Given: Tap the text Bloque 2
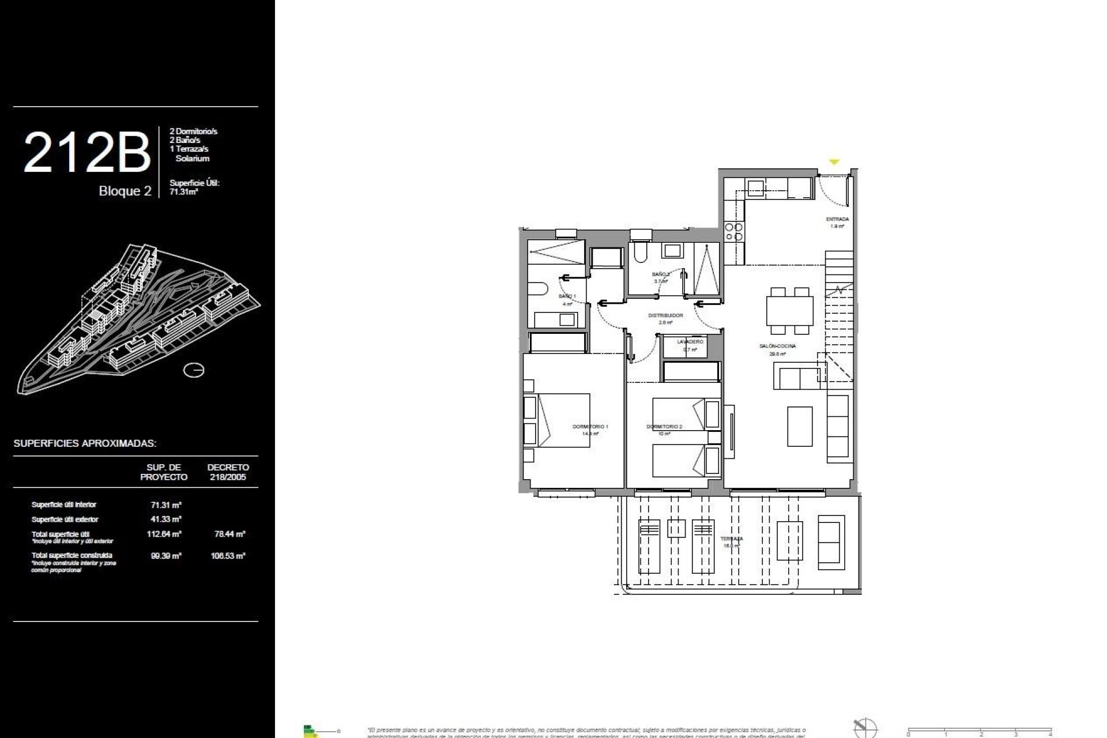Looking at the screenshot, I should (x=125, y=191).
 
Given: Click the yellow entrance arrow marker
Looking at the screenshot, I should (x=834, y=163).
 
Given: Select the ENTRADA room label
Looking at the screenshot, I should (x=837, y=219).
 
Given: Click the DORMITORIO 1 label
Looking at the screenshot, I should (x=590, y=427).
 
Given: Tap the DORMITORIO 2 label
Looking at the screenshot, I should (x=664, y=427).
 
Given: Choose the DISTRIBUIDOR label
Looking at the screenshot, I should (x=665, y=315).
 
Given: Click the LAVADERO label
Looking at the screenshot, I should (x=690, y=342).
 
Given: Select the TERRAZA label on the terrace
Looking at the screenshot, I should (x=732, y=539).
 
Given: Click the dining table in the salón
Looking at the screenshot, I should (x=789, y=311).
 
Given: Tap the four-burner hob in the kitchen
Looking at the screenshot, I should (x=734, y=232).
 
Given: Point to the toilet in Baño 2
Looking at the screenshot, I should (x=639, y=253).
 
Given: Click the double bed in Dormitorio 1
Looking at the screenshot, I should (x=556, y=420).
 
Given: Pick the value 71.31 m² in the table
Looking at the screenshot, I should (x=166, y=504).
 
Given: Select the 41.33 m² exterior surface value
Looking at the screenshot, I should (x=166, y=519).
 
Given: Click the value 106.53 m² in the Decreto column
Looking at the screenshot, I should (x=228, y=556).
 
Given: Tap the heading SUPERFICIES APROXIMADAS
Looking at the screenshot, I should (x=85, y=443).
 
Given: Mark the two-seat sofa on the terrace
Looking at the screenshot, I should (x=830, y=543).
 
